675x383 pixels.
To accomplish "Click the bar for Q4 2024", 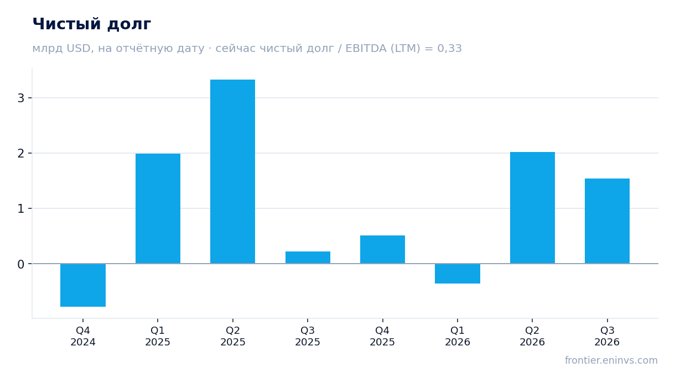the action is coord(83,285).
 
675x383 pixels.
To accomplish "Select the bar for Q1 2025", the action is coord(158,209).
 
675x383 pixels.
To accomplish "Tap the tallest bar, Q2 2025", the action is coord(232,172).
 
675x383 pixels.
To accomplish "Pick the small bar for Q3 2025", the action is coord(308,258).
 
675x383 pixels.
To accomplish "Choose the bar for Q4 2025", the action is coord(382,250).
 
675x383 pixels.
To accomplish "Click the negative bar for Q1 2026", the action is coord(458,274).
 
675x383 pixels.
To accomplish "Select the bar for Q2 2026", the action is coord(532,208).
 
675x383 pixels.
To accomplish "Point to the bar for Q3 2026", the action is coord(607,221).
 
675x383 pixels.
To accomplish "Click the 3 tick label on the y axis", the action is coord(21,98).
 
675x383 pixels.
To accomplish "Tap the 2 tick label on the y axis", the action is coord(21,154).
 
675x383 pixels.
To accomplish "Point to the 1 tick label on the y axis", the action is coord(21,209).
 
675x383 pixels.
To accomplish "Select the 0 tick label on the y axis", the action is coord(21,264).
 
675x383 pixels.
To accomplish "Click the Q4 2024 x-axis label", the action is coord(83,337).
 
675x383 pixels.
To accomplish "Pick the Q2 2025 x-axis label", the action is coord(232,337).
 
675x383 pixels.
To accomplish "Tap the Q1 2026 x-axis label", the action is coord(458,337).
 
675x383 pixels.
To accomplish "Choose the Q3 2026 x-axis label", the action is coord(607,337).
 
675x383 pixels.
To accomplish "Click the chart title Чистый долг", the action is coord(92,24).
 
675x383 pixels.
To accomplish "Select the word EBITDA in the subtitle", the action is coord(366,49).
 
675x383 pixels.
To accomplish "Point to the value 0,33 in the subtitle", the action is coord(449,49).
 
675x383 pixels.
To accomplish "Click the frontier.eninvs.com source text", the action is coord(611,360).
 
